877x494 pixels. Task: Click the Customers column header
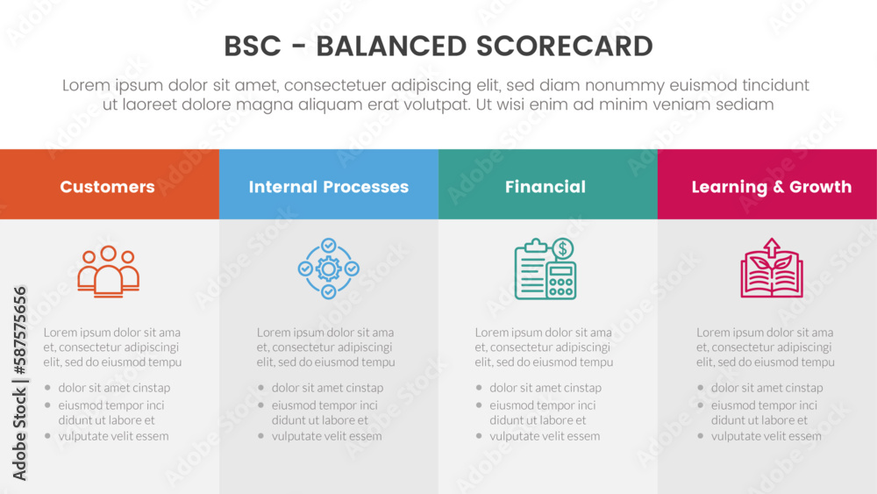(x=107, y=187)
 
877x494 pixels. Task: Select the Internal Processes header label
(x=328, y=187)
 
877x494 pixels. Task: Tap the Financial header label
(x=545, y=187)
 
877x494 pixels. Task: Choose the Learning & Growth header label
(x=771, y=187)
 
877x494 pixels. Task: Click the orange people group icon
(x=108, y=271)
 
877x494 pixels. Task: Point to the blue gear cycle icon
(x=328, y=268)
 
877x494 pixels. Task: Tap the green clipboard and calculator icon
(x=545, y=268)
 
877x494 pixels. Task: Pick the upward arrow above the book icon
(x=771, y=246)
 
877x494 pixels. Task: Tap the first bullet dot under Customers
(x=47, y=388)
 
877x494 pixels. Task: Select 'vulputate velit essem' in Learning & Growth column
(x=766, y=436)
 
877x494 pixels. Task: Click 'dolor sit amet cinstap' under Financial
(x=545, y=388)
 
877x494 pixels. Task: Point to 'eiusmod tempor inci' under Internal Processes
(x=324, y=405)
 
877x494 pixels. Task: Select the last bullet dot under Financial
(x=479, y=436)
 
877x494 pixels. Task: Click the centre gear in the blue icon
(x=328, y=268)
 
